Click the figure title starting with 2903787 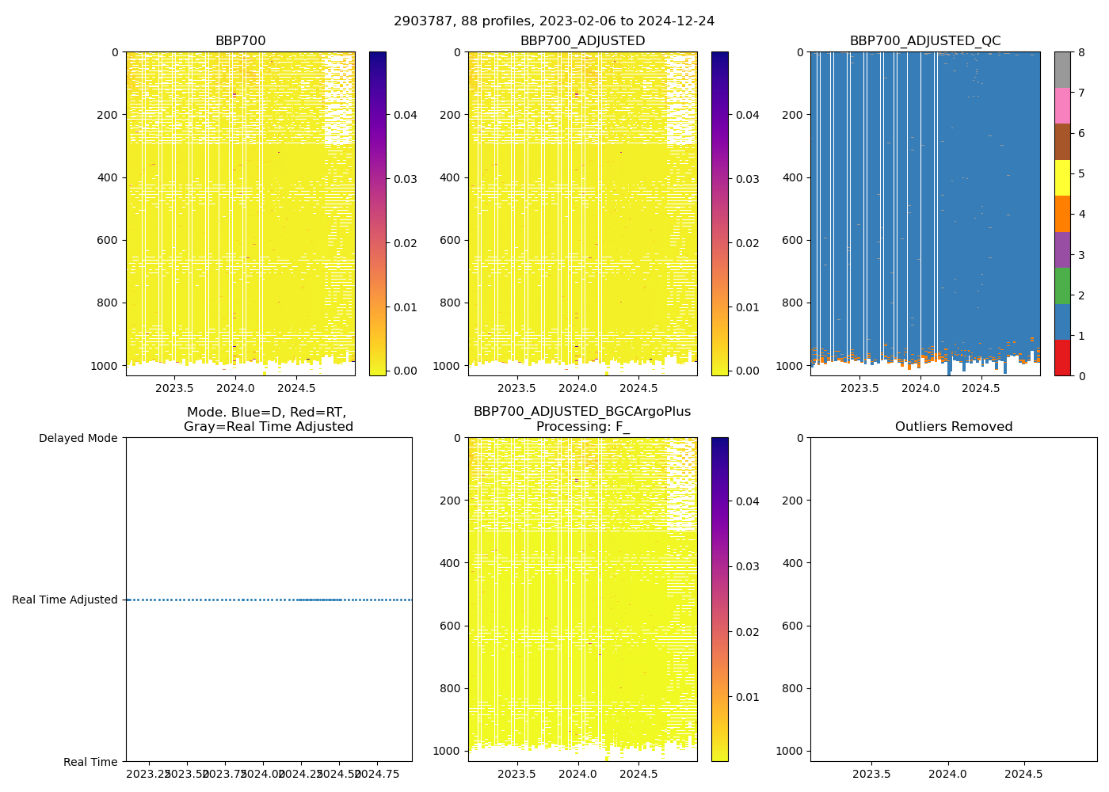coord(554,21)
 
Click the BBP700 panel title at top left coord(240,41)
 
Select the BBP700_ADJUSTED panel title coord(582,41)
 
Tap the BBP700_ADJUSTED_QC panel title coord(924,41)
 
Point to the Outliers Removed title coord(953,427)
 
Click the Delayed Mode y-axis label coord(78,438)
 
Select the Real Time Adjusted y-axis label coord(65,600)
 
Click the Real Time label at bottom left coord(90,762)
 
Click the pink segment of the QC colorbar coord(1062,105)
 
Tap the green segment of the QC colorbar coord(1062,285)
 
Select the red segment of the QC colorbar coord(1062,358)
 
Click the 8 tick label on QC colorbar coord(1081,52)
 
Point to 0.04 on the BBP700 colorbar coord(406,115)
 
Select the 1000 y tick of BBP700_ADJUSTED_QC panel coord(788,366)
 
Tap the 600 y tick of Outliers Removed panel coord(794,626)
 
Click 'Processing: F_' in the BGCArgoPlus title coord(582,427)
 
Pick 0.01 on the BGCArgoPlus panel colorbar coord(748,697)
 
